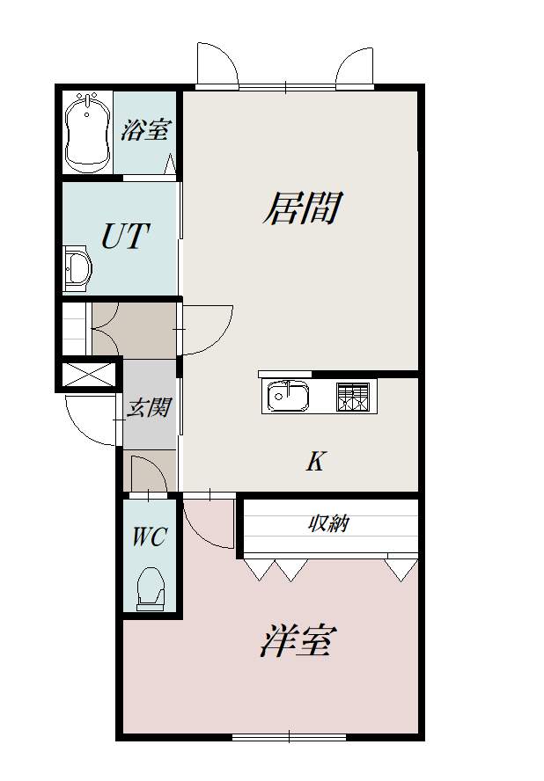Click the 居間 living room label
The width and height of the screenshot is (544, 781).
(x=301, y=209)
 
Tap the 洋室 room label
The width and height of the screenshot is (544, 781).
(x=297, y=641)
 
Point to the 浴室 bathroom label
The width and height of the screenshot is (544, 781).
(x=144, y=131)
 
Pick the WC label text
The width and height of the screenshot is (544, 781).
(x=149, y=537)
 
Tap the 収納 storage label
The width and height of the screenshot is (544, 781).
(x=329, y=524)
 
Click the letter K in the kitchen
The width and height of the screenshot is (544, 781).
(x=314, y=461)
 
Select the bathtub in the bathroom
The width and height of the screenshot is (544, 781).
(x=87, y=132)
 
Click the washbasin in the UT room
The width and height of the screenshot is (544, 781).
(x=77, y=268)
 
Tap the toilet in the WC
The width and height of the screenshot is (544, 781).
(x=152, y=587)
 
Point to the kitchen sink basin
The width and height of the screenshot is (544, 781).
(x=287, y=396)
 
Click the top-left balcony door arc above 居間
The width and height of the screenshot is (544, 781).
(x=217, y=63)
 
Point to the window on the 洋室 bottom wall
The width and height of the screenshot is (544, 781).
(x=289, y=735)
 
